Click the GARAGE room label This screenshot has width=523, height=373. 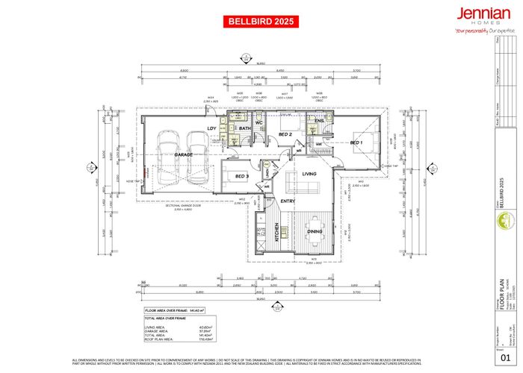click(x=184, y=154)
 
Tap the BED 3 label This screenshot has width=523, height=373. click(x=241, y=176)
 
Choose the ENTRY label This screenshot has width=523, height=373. click(x=288, y=201)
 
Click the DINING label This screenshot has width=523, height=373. click(x=314, y=232)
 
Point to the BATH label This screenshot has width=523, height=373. click(x=244, y=129)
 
